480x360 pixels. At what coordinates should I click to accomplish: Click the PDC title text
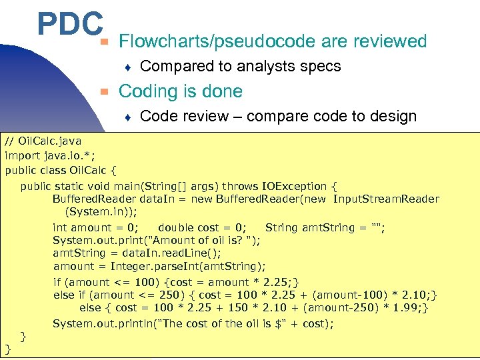(x=69, y=25)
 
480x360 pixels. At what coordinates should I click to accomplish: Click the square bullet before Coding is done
(x=103, y=91)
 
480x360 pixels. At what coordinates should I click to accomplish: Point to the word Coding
(x=146, y=91)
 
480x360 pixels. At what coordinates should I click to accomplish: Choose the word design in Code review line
(x=391, y=117)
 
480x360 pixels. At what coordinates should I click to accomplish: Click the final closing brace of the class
(x=8, y=348)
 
